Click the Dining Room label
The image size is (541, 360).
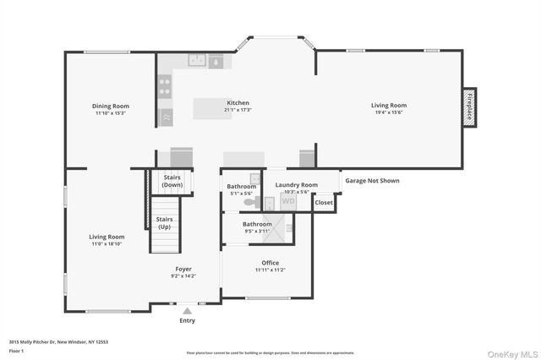click(x=111, y=106)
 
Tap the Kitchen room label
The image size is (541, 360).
click(x=238, y=102)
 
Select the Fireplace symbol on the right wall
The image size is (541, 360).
click(x=469, y=107)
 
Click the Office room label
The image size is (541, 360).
click(x=270, y=263)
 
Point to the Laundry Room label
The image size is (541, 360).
click(x=297, y=184)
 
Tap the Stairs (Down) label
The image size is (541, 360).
click(x=172, y=181)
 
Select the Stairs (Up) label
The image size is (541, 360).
click(x=165, y=222)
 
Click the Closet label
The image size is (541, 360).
click(x=324, y=203)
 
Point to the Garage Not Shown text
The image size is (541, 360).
click(x=371, y=180)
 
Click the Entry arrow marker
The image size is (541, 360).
click(x=187, y=311)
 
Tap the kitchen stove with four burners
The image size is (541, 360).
click(x=165, y=86)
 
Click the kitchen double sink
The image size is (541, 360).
click(x=196, y=60)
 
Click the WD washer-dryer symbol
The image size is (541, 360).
click(x=288, y=201)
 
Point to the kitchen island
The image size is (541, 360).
click(x=212, y=109)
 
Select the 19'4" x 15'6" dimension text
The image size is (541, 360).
click(x=389, y=112)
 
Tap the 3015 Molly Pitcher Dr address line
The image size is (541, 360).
click(x=58, y=341)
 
